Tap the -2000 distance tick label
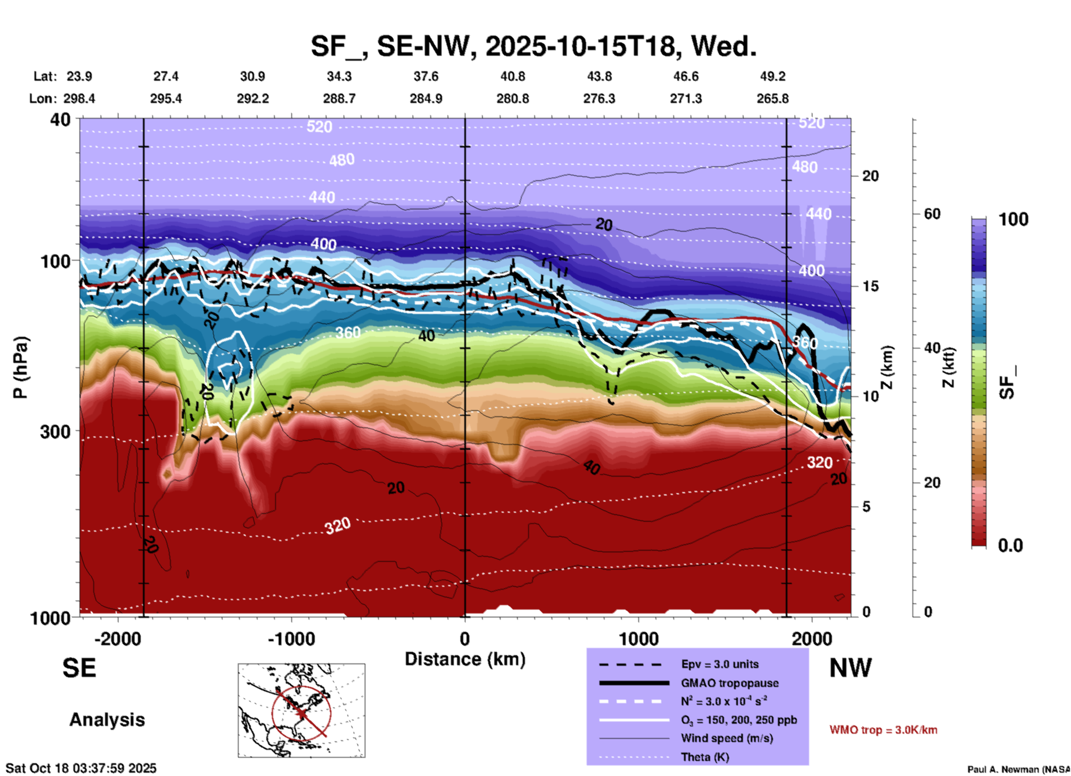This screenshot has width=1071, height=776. pos(118,639)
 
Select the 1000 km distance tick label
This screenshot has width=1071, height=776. pos(638,639)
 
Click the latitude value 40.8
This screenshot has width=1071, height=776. pos(512,76)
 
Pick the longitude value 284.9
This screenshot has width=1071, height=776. pos(426,99)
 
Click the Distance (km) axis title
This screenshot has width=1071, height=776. pos(465,659)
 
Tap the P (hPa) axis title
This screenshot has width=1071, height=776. pos(20,367)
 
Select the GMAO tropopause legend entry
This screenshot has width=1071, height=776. pos(730,683)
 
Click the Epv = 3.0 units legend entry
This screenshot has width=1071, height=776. pos(720,664)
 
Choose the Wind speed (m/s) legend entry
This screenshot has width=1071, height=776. pos(727,738)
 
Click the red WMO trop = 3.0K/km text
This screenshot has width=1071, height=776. pos(883,730)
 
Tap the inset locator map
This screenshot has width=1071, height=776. pos(301,710)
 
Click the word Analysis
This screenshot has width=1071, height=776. pos(107,720)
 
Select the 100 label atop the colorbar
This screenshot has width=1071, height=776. pos(1013,219)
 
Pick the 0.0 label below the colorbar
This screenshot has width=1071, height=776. pos(1010,546)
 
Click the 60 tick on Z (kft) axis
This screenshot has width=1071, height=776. pos(932,214)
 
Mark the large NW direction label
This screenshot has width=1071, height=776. pos(850,668)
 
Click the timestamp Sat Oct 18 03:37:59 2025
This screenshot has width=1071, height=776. pos(81,768)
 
